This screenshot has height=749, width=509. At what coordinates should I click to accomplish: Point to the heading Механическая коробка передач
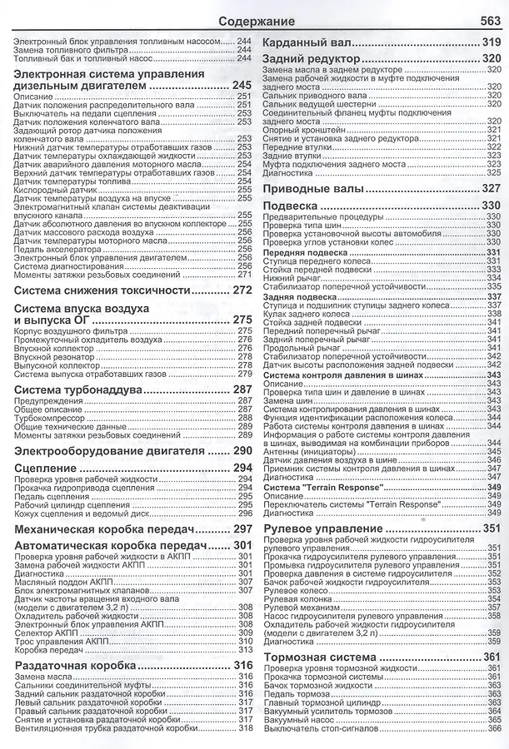pyautogui.click(x=110, y=529)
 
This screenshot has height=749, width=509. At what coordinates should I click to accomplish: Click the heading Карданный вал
pyautogui.click(x=307, y=42)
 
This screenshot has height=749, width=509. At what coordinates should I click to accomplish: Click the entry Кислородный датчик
pyautogui.click(x=57, y=189)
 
